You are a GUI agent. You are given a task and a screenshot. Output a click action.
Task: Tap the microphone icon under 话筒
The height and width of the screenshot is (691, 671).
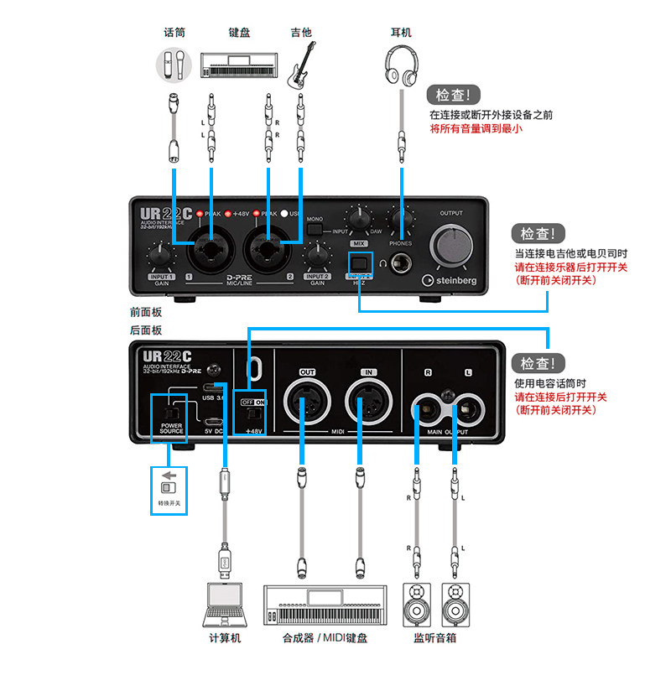point(174,65)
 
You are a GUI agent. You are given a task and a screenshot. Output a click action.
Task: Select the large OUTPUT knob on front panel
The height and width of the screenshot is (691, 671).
point(451,246)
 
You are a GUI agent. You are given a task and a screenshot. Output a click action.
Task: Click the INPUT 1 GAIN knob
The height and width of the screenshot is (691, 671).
point(160,256)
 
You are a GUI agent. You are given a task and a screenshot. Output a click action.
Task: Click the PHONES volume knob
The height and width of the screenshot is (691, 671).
point(400,220)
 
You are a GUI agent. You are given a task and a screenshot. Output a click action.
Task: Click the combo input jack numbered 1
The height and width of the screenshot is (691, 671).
point(208,249)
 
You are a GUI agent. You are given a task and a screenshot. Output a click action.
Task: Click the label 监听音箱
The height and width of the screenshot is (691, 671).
point(434,637)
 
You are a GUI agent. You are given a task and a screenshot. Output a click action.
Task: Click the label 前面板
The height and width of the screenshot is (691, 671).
point(145,311)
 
